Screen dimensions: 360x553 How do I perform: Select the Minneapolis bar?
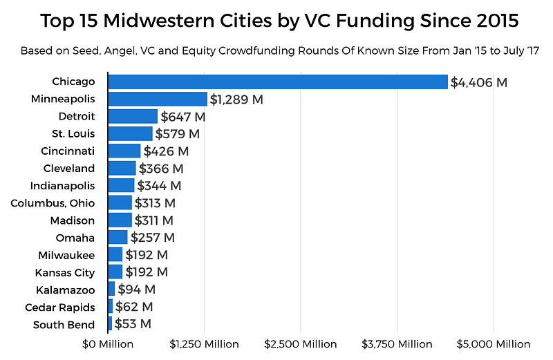158,99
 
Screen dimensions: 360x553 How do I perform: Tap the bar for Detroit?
133,116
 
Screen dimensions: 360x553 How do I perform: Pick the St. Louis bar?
130,133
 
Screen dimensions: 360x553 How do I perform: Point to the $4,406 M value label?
479,82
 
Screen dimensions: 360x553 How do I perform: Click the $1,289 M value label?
237,100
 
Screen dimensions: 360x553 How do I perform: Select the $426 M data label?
167,151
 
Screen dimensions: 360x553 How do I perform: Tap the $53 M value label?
133,324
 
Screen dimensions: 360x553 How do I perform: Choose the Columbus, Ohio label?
53,202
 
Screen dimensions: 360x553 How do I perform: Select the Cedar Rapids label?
59,307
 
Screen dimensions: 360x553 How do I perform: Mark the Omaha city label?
75,238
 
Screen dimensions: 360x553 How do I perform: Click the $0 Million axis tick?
107,343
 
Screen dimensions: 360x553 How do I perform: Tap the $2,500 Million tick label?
300,343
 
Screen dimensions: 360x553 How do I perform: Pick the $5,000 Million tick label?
493,343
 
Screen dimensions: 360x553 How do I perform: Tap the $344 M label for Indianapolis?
159,186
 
